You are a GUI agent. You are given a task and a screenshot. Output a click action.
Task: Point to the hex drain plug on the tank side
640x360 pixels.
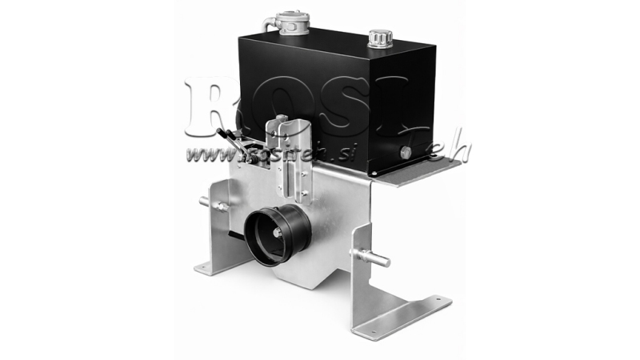point(406,152)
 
